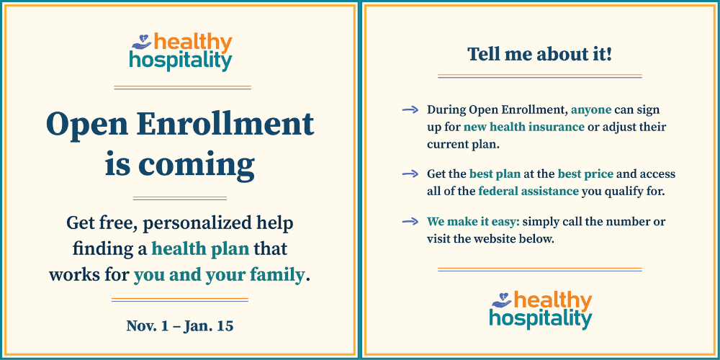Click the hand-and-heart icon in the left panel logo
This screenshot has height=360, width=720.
click(142, 42)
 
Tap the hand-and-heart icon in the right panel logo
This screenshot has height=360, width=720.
click(502, 300)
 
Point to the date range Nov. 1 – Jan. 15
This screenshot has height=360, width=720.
click(180, 326)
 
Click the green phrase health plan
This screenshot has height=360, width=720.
click(200, 249)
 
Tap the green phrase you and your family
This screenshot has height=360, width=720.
click(219, 276)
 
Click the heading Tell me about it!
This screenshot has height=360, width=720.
click(539, 54)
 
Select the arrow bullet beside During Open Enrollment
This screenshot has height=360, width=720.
click(410, 109)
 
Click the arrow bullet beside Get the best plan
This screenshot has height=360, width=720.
click(410, 174)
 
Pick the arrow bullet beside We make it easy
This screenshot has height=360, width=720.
click(410, 222)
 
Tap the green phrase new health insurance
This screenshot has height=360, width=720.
click(523, 127)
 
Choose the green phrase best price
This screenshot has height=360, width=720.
click(585, 174)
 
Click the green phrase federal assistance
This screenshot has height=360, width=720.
click(528, 191)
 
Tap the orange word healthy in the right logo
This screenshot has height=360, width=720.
click(552, 301)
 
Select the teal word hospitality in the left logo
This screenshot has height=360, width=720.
click(181, 60)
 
